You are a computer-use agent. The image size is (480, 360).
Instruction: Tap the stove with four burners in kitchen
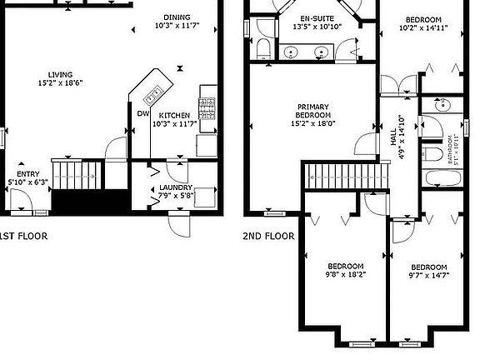coord(207,107)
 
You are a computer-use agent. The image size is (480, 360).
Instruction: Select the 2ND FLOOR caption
coord(268,236)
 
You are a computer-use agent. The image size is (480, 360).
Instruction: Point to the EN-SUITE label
coord(317,17)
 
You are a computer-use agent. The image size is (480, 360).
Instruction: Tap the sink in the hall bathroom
coord(441,106)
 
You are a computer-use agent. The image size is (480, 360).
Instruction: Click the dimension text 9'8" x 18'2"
coord(345,273)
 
